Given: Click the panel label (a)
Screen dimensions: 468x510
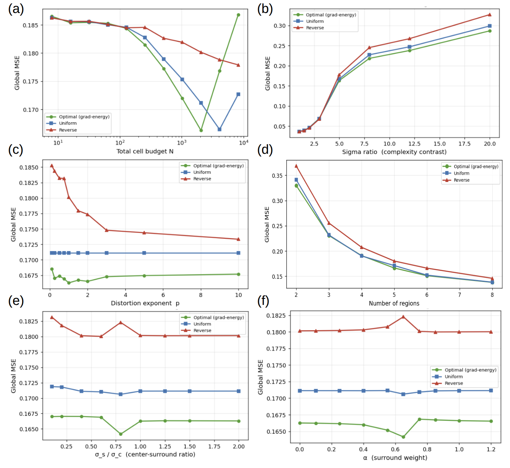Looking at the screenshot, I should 16,9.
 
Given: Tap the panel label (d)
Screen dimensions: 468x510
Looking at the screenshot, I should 265,150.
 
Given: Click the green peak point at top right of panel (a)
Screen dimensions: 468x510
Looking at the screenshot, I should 238,15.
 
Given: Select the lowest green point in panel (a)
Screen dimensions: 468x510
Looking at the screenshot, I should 201,130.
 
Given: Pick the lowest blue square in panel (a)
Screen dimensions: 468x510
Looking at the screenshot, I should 220,129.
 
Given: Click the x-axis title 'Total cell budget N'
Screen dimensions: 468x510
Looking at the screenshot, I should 145,151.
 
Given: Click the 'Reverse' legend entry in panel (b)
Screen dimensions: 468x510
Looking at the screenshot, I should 315,28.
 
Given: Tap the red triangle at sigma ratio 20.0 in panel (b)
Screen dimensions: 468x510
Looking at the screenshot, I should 490,15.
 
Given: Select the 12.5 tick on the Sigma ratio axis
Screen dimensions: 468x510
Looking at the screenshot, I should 414,144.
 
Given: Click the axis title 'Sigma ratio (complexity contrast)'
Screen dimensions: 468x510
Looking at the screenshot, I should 394,152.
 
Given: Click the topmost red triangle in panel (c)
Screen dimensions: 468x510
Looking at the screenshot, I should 51,165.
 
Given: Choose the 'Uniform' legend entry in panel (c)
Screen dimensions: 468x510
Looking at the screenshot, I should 202,172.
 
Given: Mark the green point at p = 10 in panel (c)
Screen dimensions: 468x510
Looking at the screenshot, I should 238,274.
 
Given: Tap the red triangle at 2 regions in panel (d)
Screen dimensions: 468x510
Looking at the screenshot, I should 296,166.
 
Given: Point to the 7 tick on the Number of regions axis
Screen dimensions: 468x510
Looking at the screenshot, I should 459,295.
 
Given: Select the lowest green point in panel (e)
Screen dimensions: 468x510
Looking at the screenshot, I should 121,434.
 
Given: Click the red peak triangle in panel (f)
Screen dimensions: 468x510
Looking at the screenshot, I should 403,317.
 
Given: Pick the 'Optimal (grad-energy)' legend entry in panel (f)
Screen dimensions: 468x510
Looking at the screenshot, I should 470,370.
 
